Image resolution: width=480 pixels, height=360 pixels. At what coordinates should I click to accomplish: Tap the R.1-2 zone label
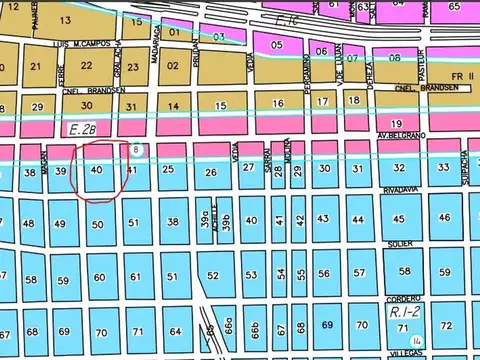click(x=402, y=313)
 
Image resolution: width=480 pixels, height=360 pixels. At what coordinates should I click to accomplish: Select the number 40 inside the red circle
click(x=97, y=171)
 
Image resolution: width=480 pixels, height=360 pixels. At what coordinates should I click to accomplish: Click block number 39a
click(x=203, y=222)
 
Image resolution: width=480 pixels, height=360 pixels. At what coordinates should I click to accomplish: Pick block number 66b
click(x=255, y=327)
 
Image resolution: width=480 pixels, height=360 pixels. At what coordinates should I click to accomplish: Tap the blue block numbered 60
click(x=98, y=277)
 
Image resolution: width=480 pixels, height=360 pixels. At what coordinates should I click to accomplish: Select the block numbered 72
click(x=446, y=326)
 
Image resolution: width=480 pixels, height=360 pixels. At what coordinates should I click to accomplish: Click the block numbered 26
click(x=211, y=173)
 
